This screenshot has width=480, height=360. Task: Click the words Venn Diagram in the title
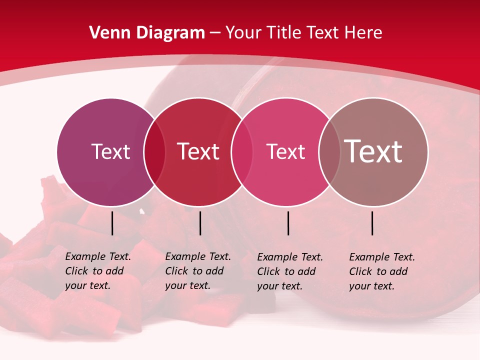[147, 33]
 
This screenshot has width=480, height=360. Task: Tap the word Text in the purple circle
[110, 151]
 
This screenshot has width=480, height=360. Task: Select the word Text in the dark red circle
[198, 151]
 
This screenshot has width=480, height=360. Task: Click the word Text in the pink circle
[285, 151]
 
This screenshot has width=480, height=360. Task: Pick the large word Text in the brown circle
[373, 151]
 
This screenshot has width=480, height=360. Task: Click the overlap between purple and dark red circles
[154, 152]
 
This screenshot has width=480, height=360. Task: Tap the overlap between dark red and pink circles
[241, 152]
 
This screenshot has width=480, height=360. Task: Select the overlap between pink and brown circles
[328, 152]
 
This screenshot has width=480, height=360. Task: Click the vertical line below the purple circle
[112, 223]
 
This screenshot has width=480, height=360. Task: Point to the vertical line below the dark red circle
[200, 223]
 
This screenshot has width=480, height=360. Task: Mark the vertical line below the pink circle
[288, 223]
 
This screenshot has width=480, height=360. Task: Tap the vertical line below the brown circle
[372, 223]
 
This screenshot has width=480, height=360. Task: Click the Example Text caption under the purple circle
[97, 271]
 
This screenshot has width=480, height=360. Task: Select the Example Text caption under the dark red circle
[197, 271]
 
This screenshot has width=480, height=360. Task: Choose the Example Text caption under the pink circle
[289, 271]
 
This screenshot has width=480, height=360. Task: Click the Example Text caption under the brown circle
[381, 271]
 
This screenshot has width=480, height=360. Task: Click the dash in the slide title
[215, 33]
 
